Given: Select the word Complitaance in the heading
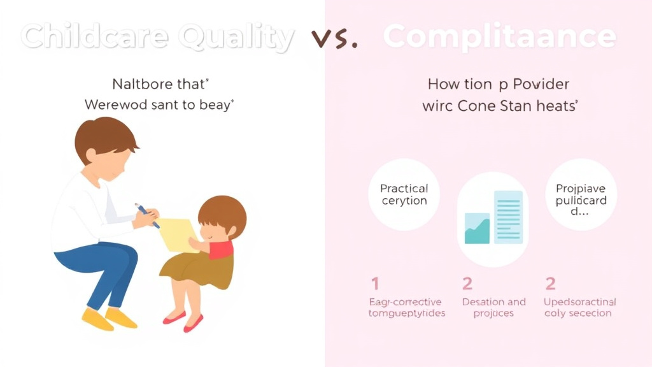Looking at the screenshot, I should (500, 38).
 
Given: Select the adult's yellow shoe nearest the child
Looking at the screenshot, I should (121, 317).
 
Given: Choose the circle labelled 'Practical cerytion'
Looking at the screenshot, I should (404, 194).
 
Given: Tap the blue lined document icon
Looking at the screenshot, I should (508, 217).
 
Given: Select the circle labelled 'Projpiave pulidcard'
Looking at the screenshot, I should (580, 195).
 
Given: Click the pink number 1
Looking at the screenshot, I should (375, 284).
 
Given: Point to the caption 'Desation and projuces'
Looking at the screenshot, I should (494, 307).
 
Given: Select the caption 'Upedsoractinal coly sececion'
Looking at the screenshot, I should (580, 307).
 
